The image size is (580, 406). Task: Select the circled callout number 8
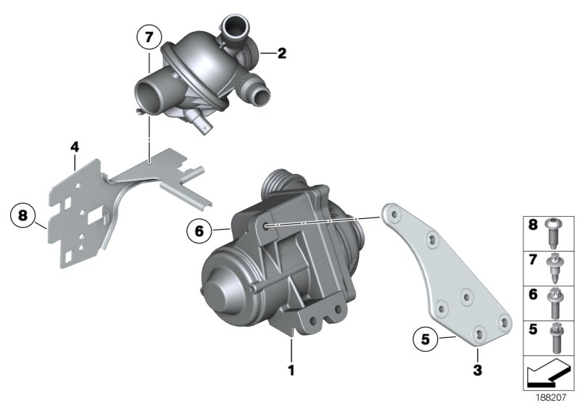(x=23, y=215)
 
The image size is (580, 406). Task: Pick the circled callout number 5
(x=425, y=337)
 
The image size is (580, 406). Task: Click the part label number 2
(x=282, y=53)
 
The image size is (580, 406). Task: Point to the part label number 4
(x=74, y=146)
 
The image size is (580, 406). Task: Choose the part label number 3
(x=478, y=372)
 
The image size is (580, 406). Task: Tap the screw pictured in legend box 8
(x=556, y=232)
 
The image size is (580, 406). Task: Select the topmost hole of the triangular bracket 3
(x=392, y=213)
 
